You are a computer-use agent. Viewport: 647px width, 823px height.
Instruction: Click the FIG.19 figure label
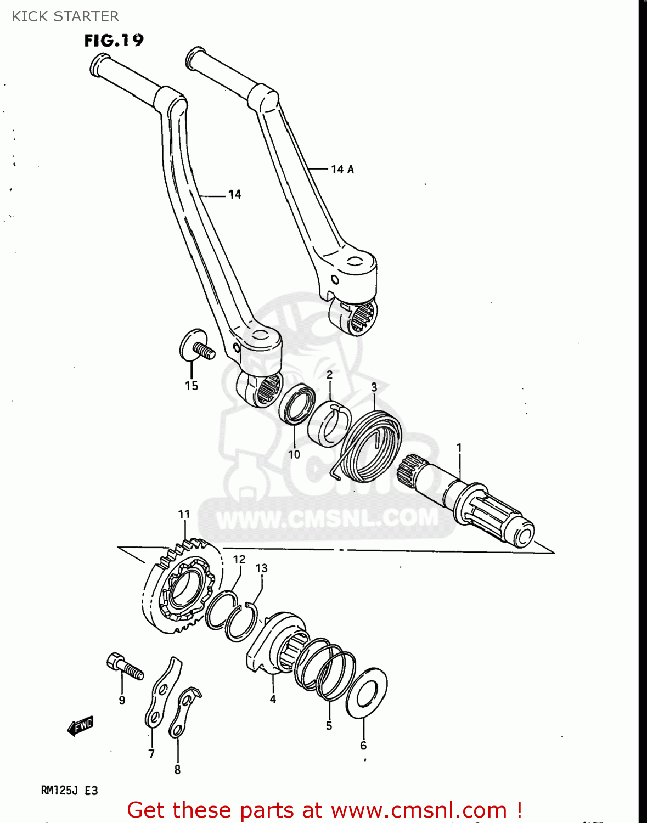click(x=114, y=41)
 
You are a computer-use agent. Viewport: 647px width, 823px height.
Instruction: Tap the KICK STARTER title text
click(x=65, y=16)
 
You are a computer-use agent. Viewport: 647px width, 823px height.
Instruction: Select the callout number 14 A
click(x=342, y=170)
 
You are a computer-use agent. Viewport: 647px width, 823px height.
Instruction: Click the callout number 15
click(x=192, y=386)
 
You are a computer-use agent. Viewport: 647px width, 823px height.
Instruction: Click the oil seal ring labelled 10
click(x=297, y=404)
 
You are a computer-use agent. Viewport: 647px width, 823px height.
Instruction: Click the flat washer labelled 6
click(x=367, y=693)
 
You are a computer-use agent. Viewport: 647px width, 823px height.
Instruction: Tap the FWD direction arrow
click(x=80, y=726)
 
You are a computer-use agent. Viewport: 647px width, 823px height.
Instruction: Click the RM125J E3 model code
click(x=69, y=791)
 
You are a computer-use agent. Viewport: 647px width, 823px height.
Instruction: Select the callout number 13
click(x=261, y=568)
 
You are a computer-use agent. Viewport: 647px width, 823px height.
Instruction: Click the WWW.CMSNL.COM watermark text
click(x=328, y=518)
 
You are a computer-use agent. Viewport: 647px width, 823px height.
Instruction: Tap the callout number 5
click(x=329, y=726)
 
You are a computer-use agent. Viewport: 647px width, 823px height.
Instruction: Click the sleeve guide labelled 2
click(x=329, y=422)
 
